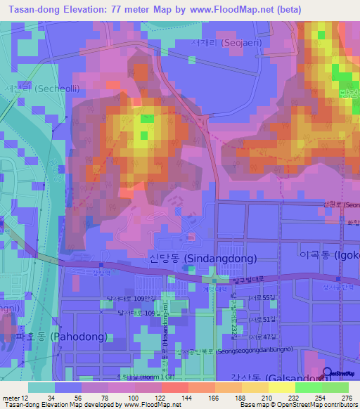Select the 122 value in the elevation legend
point(161,398)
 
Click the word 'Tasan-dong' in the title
point(32,10)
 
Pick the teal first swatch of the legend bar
point(41,387)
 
